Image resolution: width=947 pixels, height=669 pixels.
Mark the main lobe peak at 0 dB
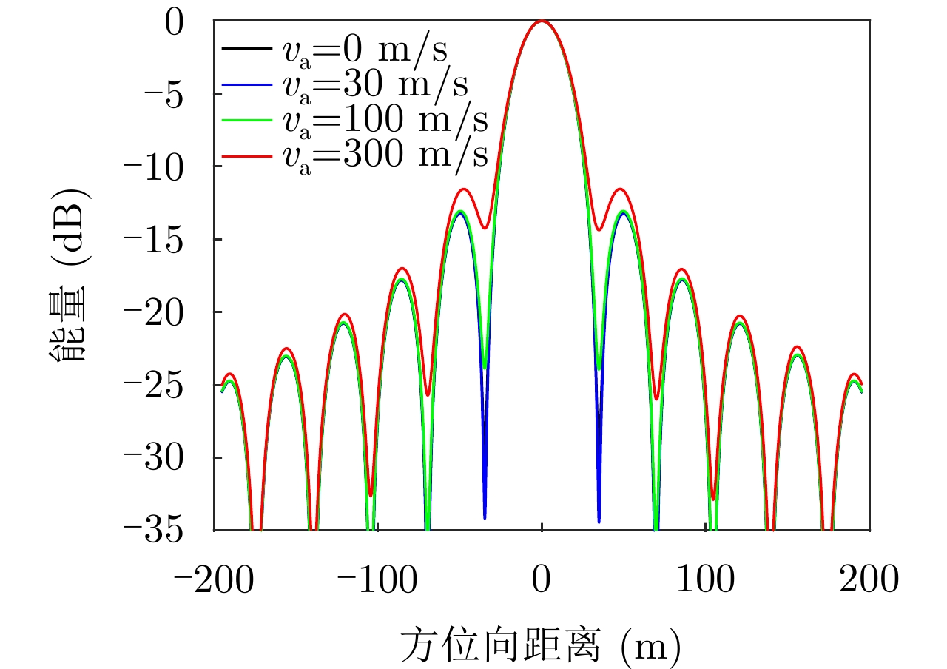click(542, 21)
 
